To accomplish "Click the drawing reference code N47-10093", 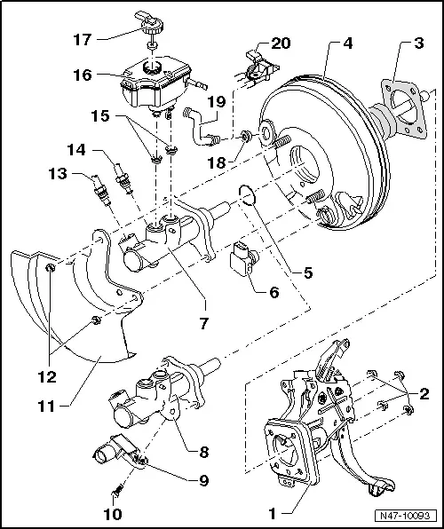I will click(407, 514).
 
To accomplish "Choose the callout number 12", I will click(44, 376).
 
